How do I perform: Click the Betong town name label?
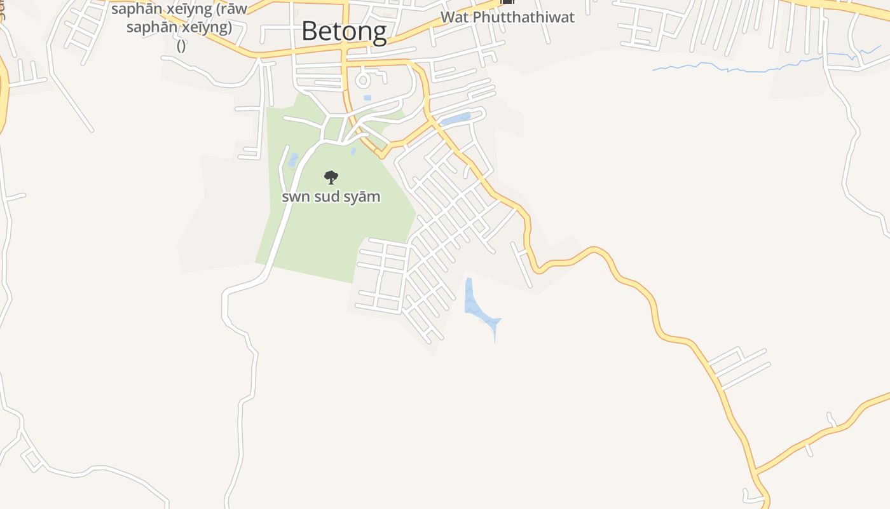click(344, 31)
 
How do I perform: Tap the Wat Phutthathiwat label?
click(507, 17)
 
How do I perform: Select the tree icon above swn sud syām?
click(331, 177)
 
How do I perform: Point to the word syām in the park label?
click(364, 197)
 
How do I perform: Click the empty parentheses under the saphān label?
click(181, 45)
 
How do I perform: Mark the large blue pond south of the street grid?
click(477, 303)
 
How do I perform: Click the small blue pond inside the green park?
click(293, 159)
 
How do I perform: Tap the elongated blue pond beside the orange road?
click(455, 119)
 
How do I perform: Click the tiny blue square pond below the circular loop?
click(367, 98)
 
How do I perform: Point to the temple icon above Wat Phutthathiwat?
click(507, 2)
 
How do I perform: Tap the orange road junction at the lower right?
click(755, 473)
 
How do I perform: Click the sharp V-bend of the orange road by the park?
click(380, 154)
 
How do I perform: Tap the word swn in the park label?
click(296, 197)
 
